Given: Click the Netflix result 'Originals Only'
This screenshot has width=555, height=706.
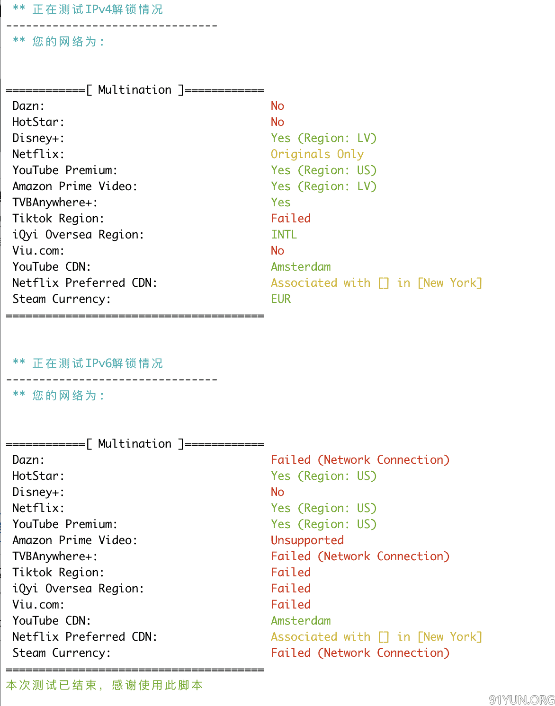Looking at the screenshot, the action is point(317,154).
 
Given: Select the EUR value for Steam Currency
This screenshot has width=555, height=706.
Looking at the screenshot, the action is point(281,299).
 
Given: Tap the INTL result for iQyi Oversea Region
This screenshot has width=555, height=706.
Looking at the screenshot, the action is point(284,234).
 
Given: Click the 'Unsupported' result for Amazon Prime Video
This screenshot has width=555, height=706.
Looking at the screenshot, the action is point(307,540).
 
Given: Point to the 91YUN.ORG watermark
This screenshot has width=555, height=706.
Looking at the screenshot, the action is point(521,699).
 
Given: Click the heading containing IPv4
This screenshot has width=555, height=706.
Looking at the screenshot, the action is point(88,9).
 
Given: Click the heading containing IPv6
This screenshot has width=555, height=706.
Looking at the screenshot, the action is point(88,363).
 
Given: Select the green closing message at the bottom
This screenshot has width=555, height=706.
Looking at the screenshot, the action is point(104,685).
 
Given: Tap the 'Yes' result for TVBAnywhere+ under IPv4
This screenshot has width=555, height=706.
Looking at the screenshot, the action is point(281,202).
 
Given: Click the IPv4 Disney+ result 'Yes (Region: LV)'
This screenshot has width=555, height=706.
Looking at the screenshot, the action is point(324,138).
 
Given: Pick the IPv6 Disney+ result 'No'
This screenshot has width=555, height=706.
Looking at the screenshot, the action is point(277,492).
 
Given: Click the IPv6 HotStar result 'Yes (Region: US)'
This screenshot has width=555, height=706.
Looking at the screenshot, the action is point(324,476).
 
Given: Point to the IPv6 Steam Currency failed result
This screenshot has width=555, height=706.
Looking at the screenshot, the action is point(360,653).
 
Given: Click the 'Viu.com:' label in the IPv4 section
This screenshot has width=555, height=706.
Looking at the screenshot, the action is point(38,250).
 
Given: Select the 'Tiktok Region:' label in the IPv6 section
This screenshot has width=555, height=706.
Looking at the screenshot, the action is point(58,572).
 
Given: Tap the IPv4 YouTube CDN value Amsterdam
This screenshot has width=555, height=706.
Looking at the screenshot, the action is point(301,266).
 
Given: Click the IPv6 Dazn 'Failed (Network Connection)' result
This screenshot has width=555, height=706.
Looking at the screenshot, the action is point(360,460).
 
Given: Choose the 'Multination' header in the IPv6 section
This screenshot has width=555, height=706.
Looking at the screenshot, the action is point(134,443).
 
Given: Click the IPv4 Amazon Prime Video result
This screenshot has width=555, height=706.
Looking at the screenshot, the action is point(324,186).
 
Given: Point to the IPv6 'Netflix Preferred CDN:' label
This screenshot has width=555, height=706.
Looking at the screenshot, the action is point(85,636).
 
